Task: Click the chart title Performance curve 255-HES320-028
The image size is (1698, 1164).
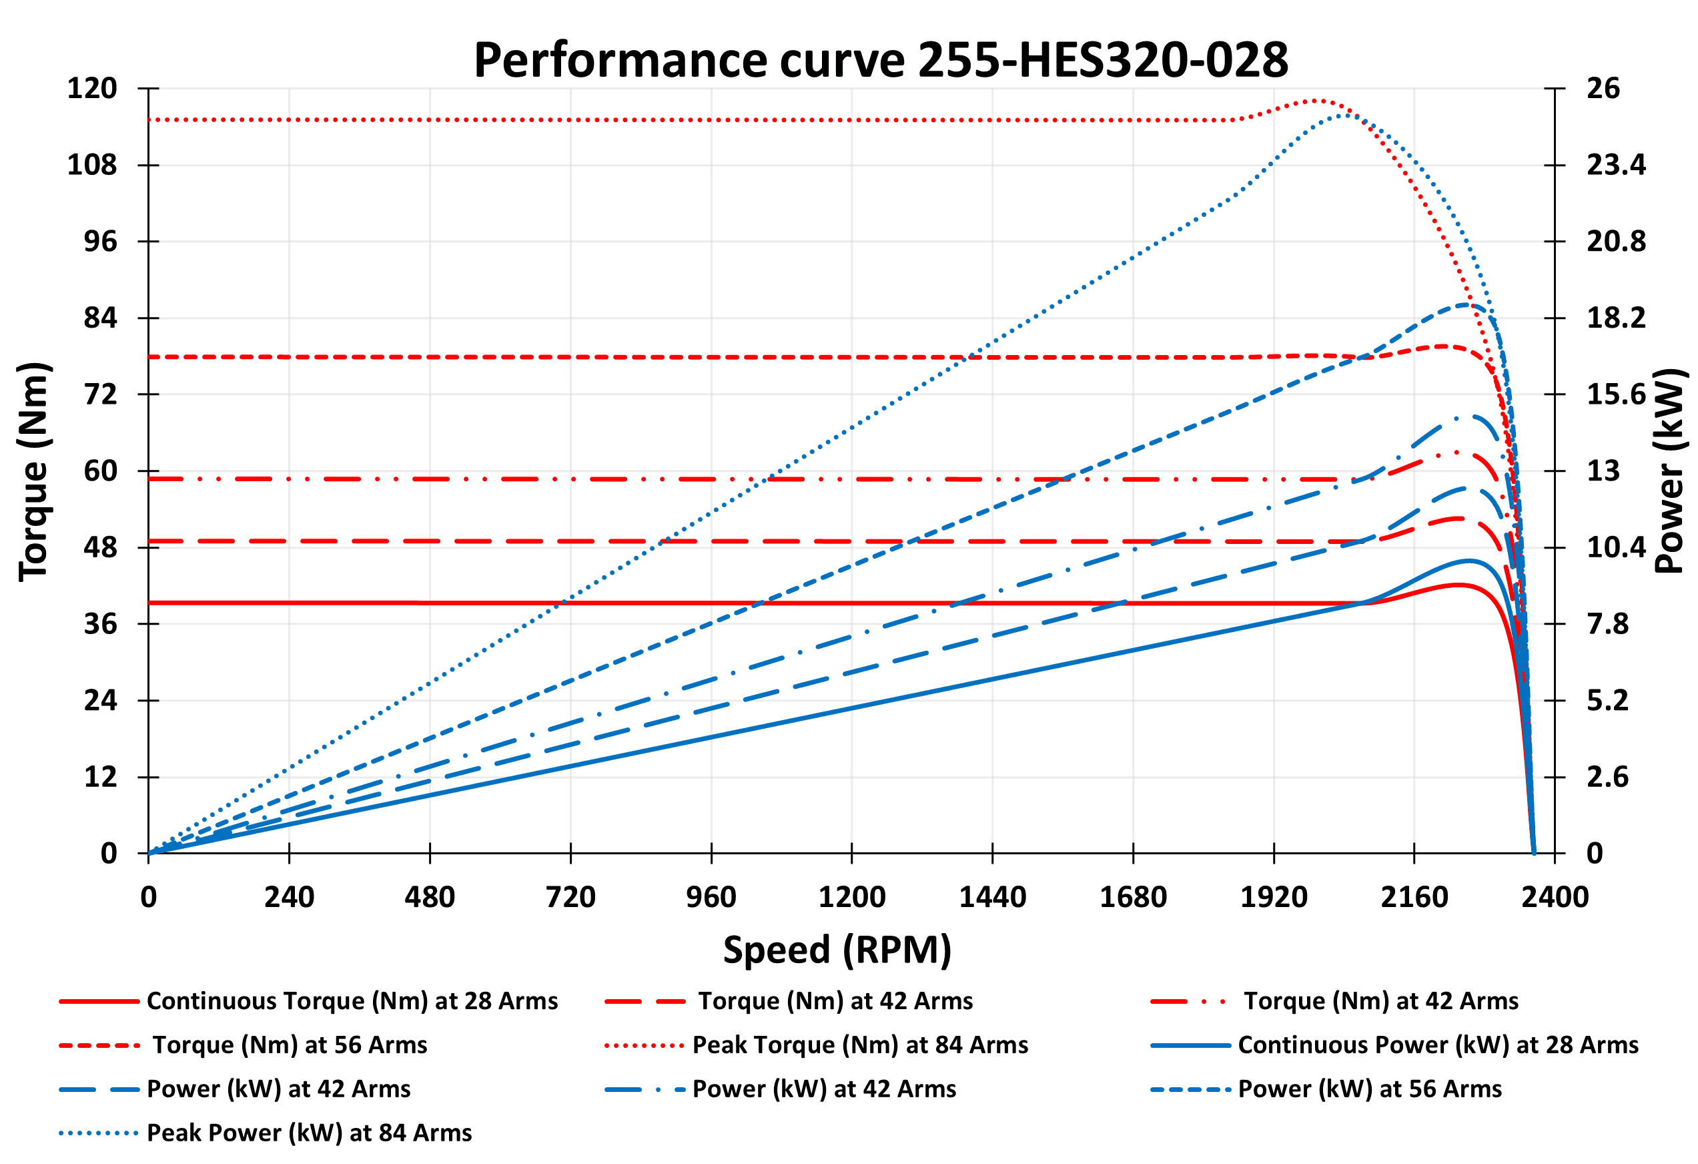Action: (881, 60)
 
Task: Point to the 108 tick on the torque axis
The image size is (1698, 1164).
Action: (92, 165)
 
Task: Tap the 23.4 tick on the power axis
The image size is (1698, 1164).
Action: (1615, 165)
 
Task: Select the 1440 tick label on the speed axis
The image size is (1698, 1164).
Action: (992, 896)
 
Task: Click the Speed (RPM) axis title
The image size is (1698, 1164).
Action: (837, 950)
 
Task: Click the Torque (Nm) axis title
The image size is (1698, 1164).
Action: (33, 471)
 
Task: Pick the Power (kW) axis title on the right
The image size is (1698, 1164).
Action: (1669, 471)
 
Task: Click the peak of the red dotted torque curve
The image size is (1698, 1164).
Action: (1316, 101)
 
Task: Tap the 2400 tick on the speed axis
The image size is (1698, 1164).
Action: (1555, 896)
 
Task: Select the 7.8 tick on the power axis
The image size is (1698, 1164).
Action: (1607, 624)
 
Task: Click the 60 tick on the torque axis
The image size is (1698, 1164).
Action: (100, 471)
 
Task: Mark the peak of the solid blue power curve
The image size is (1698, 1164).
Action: (1468, 561)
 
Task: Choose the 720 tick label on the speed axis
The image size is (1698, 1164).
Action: (570, 896)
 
